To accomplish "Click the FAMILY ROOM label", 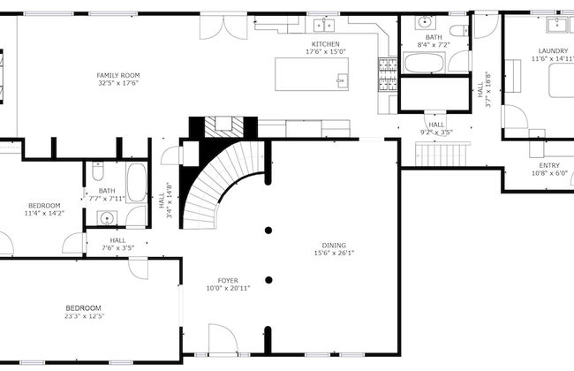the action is click(118, 75).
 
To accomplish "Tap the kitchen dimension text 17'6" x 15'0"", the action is click(326, 51).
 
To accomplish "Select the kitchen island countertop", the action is click(312, 74).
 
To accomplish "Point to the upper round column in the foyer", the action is click(268, 231).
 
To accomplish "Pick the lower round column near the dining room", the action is click(268, 280).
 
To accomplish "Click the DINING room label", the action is click(334, 246).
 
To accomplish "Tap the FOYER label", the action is click(228, 281).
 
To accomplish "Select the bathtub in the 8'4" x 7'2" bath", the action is click(424, 63).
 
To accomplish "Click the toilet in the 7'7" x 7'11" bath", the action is click(98, 171).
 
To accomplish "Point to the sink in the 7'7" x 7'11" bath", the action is click(107, 218).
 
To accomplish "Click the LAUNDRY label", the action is click(553, 51).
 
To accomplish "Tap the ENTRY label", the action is click(549, 165).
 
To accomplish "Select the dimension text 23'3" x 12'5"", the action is click(84, 316).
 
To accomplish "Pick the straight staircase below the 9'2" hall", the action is click(442, 155).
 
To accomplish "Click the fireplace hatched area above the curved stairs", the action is click(223, 127).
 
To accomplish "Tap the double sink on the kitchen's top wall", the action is click(324, 25).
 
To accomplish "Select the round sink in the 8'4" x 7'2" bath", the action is click(425, 22).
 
